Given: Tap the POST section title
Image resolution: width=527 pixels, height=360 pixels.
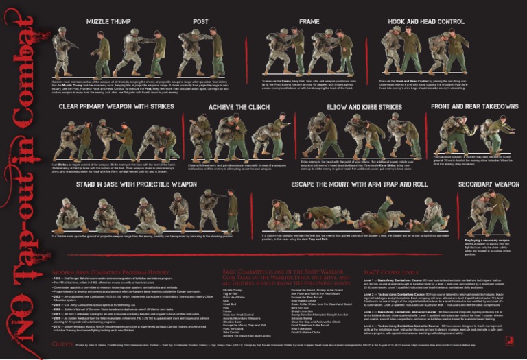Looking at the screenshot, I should click(200, 21).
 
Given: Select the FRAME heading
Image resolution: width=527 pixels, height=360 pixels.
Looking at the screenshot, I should click(309, 21).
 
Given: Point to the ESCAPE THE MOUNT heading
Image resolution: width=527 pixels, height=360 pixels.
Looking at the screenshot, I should click(350, 184).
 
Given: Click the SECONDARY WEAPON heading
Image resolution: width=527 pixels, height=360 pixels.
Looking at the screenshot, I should click(488, 184).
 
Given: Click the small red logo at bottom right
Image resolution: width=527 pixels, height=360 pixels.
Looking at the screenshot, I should click(509, 340).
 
